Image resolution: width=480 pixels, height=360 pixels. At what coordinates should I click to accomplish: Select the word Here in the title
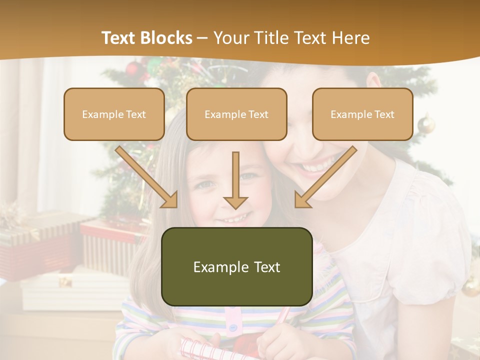[x=351, y=38]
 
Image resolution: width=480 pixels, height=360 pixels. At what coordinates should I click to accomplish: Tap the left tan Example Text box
[x=114, y=114]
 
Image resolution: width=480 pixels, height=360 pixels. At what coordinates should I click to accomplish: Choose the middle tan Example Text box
[x=236, y=114]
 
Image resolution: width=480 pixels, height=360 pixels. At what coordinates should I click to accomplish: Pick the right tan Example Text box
[x=362, y=114]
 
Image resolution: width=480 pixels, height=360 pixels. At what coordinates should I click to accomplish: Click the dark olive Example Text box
[x=237, y=267]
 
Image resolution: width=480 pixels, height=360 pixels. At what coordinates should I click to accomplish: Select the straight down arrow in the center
[x=235, y=180]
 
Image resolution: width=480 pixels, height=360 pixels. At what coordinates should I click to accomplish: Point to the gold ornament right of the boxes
[x=426, y=123]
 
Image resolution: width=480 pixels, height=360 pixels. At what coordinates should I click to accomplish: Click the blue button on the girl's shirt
[x=232, y=328]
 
